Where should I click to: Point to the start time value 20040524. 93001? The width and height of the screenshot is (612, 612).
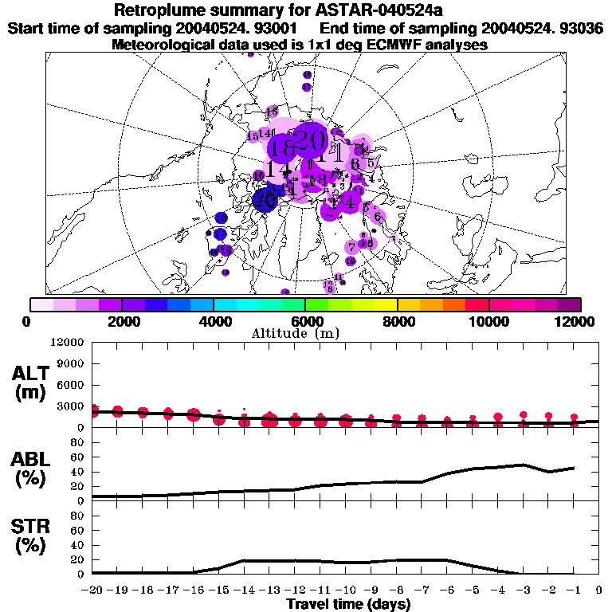249,29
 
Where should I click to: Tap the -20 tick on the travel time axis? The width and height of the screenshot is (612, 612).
92,590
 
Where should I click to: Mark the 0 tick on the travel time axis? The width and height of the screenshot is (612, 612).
598,590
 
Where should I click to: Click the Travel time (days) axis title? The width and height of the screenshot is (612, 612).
348,604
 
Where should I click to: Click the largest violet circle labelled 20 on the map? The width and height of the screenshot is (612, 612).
308,141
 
